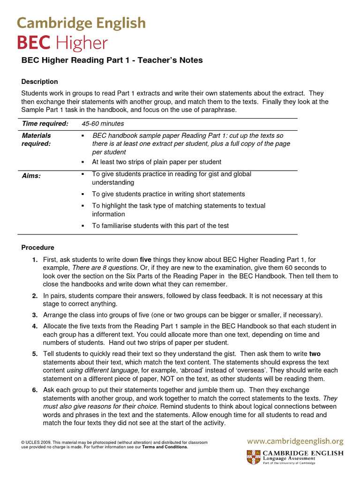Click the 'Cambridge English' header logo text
tap(81, 23)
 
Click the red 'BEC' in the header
tap(34, 43)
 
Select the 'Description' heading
tap(39, 82)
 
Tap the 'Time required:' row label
tap(45, 124)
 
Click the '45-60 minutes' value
tap(103, 124)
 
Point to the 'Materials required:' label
tap(37, 140)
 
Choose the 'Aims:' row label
tap(31, 176)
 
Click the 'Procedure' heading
tap(37, 247)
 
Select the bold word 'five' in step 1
tap(146, 260)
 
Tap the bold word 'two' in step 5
tap(315, 354)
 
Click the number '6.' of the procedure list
tap(35, 390)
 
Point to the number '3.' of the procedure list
tap(35, 315)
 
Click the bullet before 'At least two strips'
tap(82, 162)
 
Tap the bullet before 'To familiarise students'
tap(82, 226)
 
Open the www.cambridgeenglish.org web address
tap(295, 441)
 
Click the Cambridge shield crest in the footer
tap(254, 457)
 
